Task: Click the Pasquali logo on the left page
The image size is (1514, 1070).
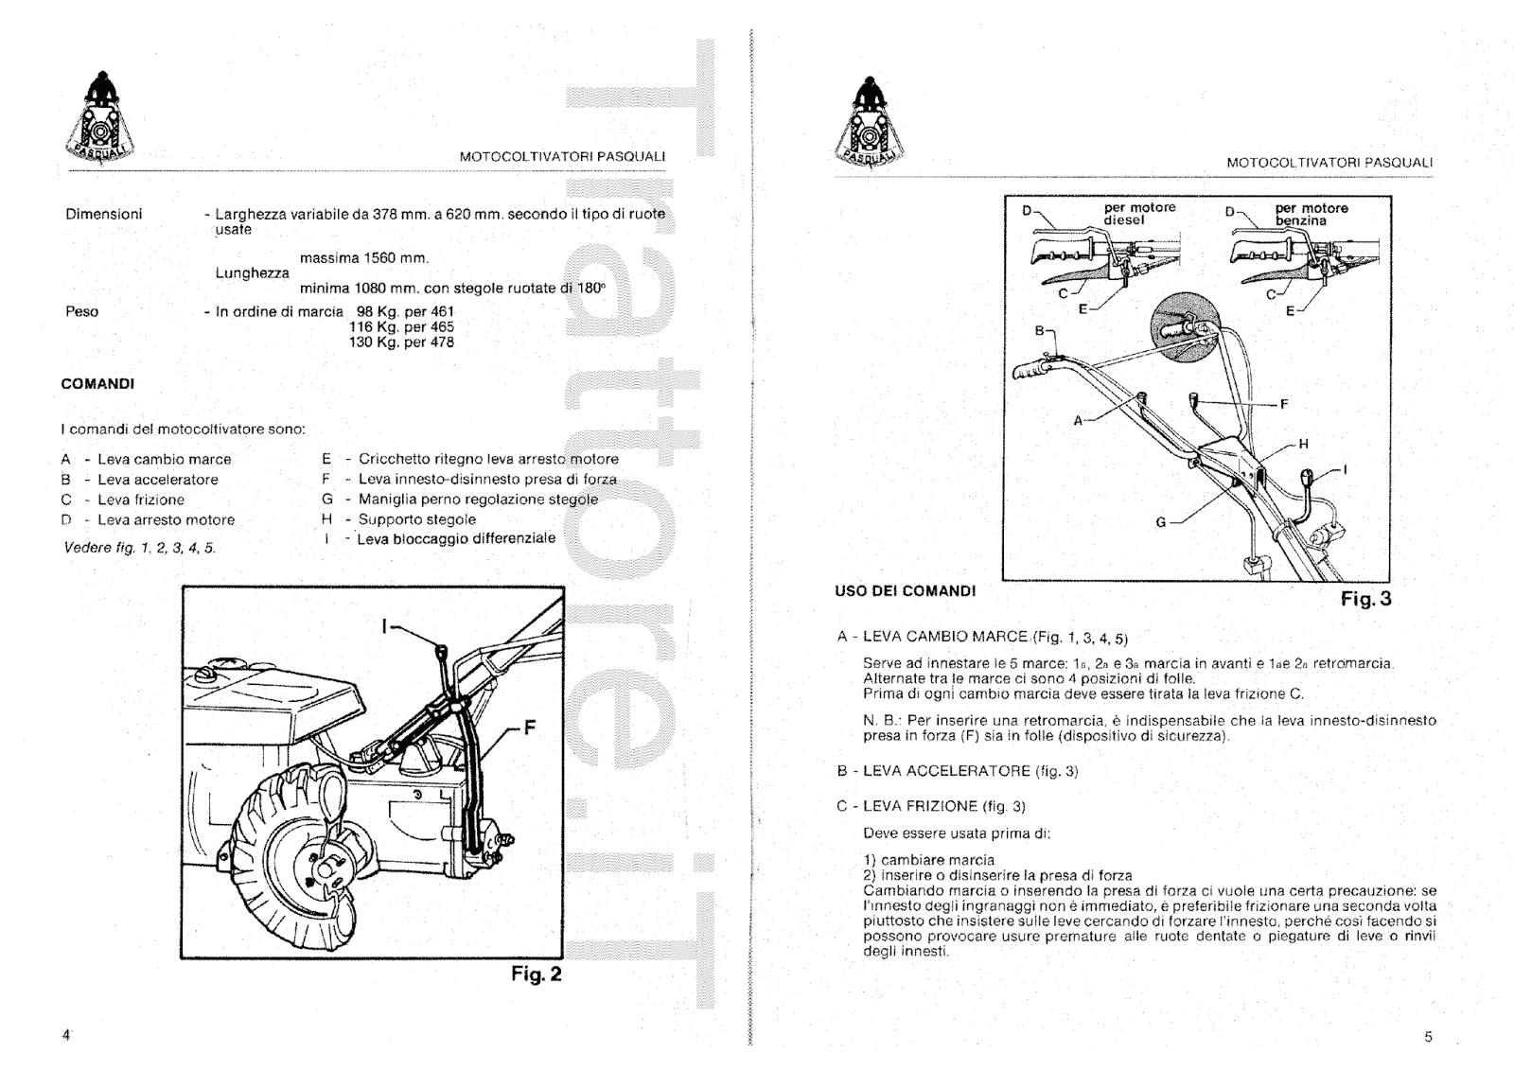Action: [98, 121]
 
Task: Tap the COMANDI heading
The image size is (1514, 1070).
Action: [97, 384]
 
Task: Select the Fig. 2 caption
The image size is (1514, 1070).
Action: [537, 974]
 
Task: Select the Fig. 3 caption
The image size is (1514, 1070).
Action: [1366, 599]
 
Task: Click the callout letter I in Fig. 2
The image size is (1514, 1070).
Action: [385, 625]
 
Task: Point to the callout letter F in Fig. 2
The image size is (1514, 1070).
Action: [529, 728]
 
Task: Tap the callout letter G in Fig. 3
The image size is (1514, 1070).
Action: [1161, 522]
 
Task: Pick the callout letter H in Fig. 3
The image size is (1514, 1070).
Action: [1303, 444]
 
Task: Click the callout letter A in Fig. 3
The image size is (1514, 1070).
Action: [1077, 420]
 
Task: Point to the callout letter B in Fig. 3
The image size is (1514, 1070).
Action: [1039, 331]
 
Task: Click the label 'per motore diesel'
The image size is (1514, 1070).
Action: [1139, 214]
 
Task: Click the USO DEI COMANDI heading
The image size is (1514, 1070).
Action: [905, 591]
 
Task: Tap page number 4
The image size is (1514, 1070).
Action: [66, 1035]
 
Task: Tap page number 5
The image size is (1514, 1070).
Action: [1428, 1037]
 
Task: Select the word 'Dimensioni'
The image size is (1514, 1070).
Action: [103, 214]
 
